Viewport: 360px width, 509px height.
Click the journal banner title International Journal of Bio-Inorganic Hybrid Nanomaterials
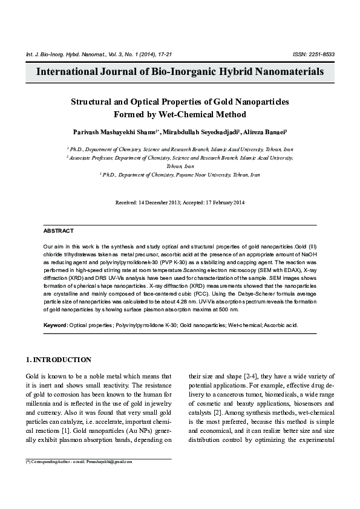180,72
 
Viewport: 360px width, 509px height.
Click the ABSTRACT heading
59,231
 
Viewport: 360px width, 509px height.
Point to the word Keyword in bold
55,325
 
